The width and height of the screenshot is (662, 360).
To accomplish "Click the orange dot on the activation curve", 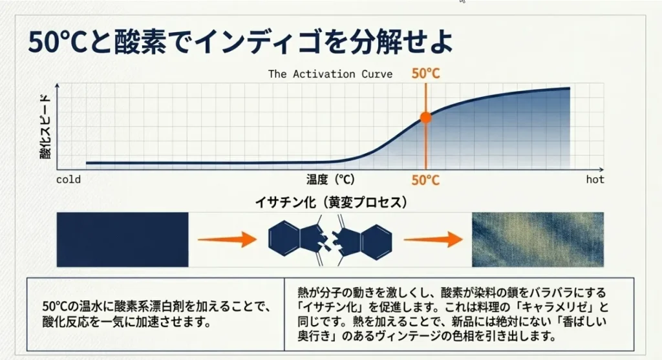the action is point(425,118).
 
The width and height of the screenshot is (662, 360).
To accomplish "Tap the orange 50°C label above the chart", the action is point(425,74).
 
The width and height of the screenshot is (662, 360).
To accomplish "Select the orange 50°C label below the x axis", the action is point(425,180).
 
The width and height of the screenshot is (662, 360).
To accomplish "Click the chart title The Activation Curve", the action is point(330,74).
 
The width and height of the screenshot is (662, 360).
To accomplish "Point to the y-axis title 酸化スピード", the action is point(45,127).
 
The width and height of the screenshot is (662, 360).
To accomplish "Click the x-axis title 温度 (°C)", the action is point(330,180).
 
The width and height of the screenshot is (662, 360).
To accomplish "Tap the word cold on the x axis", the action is point(69,180).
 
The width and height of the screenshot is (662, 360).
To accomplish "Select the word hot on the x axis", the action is point(595,180).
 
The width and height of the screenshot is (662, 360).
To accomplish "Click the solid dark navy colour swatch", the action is point(122,239).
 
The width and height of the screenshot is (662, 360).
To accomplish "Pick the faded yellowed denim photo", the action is point(537,239).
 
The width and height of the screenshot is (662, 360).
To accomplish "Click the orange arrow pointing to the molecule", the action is point(227,239).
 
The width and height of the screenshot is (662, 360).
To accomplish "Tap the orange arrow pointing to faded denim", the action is point(433,239).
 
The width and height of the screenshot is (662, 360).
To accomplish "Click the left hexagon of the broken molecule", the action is point(284,239).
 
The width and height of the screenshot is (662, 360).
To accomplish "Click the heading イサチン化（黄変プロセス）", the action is point(331,202).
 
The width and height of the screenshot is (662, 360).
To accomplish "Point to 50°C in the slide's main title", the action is point(58,42).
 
